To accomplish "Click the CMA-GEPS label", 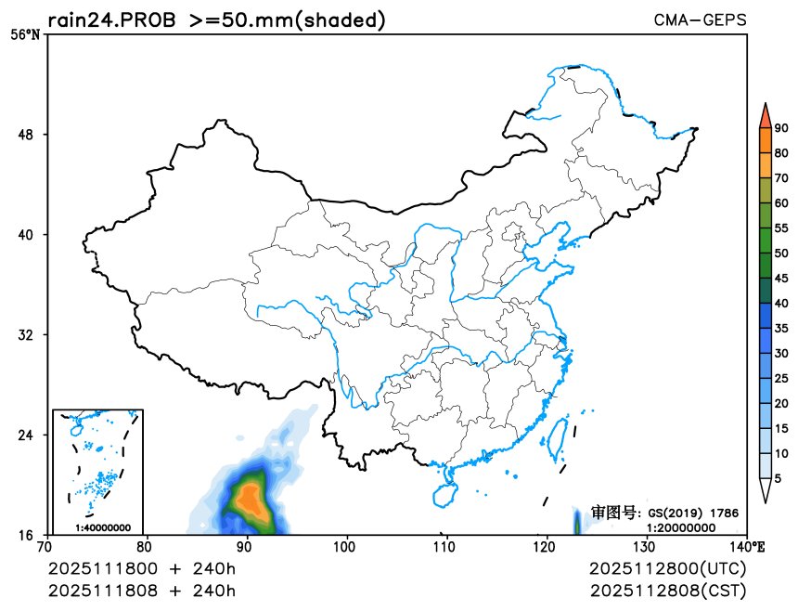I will coord(700,19).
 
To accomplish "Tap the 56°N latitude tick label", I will coord(26,35).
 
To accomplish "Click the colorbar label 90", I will coord(781,129).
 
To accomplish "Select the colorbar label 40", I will coord(781,304).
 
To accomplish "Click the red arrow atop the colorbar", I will coord(764,115).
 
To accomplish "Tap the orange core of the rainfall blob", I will coord(249,499).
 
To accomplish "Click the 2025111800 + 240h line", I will coord(142,567).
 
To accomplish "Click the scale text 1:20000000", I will coord(681,527).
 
